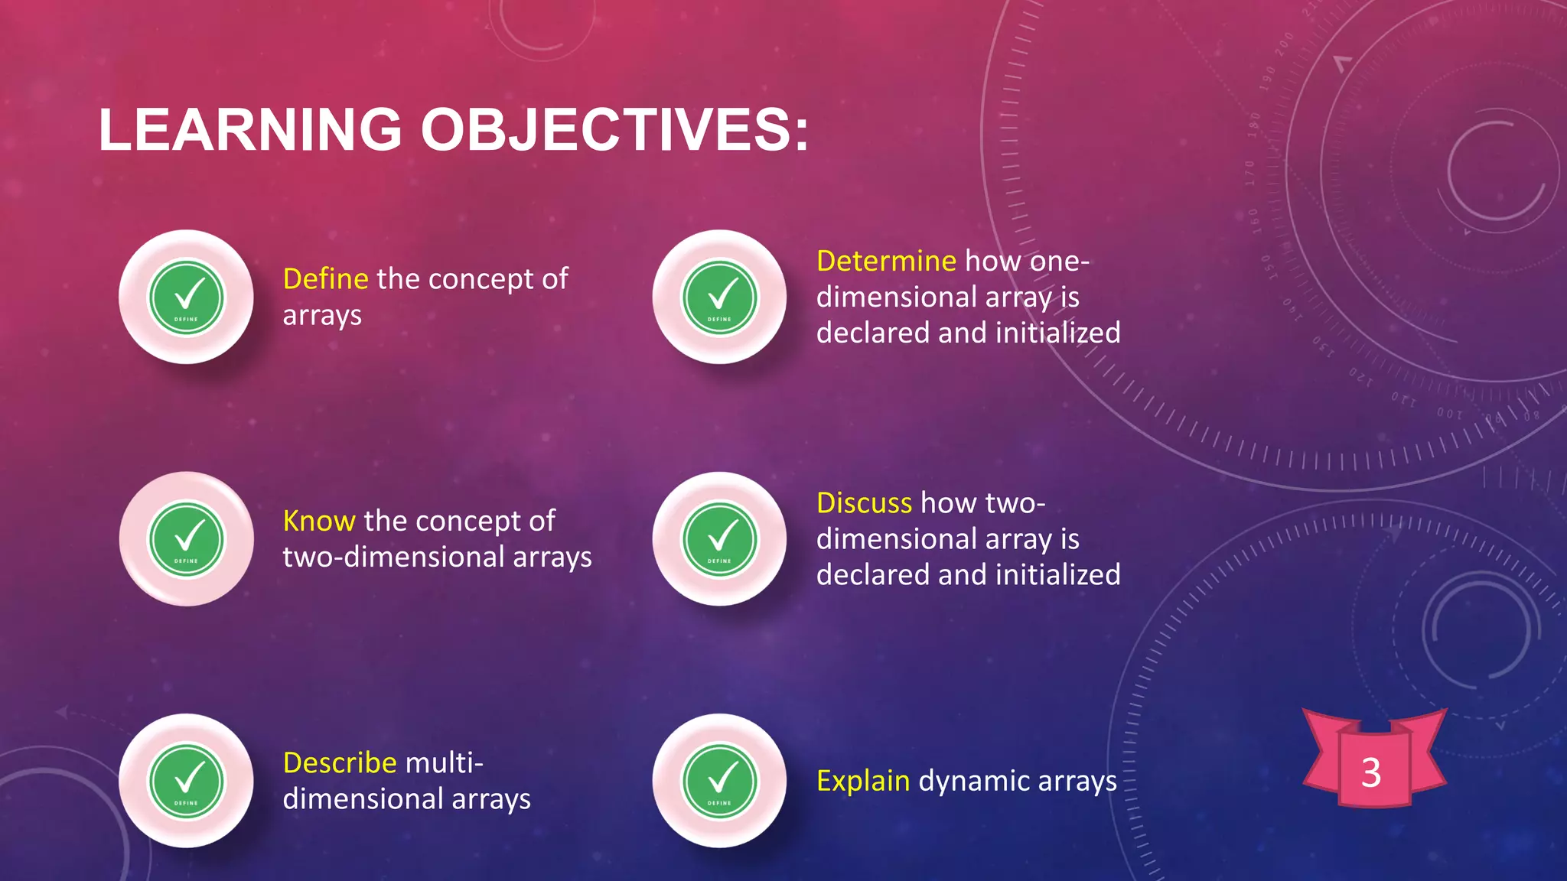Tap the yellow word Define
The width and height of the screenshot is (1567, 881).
pyautogui.click(x=325, y=279)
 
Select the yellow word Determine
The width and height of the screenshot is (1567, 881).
pyautogui.click(x=885, y=262)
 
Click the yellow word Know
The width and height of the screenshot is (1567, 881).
pyautogui.click(x=318, y=522)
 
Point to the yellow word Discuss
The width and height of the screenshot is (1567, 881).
pyautogui.click(x=864, y=503)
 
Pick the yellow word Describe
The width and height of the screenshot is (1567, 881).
pyautogui.click(x=339, y=763)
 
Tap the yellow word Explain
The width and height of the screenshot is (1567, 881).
pyautogui.click(x=862, y=781)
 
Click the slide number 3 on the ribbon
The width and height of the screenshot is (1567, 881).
pyautogui.click(x=1371, y=772)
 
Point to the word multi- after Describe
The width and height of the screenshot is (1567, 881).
pyautogui.click(x=444, y=763)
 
